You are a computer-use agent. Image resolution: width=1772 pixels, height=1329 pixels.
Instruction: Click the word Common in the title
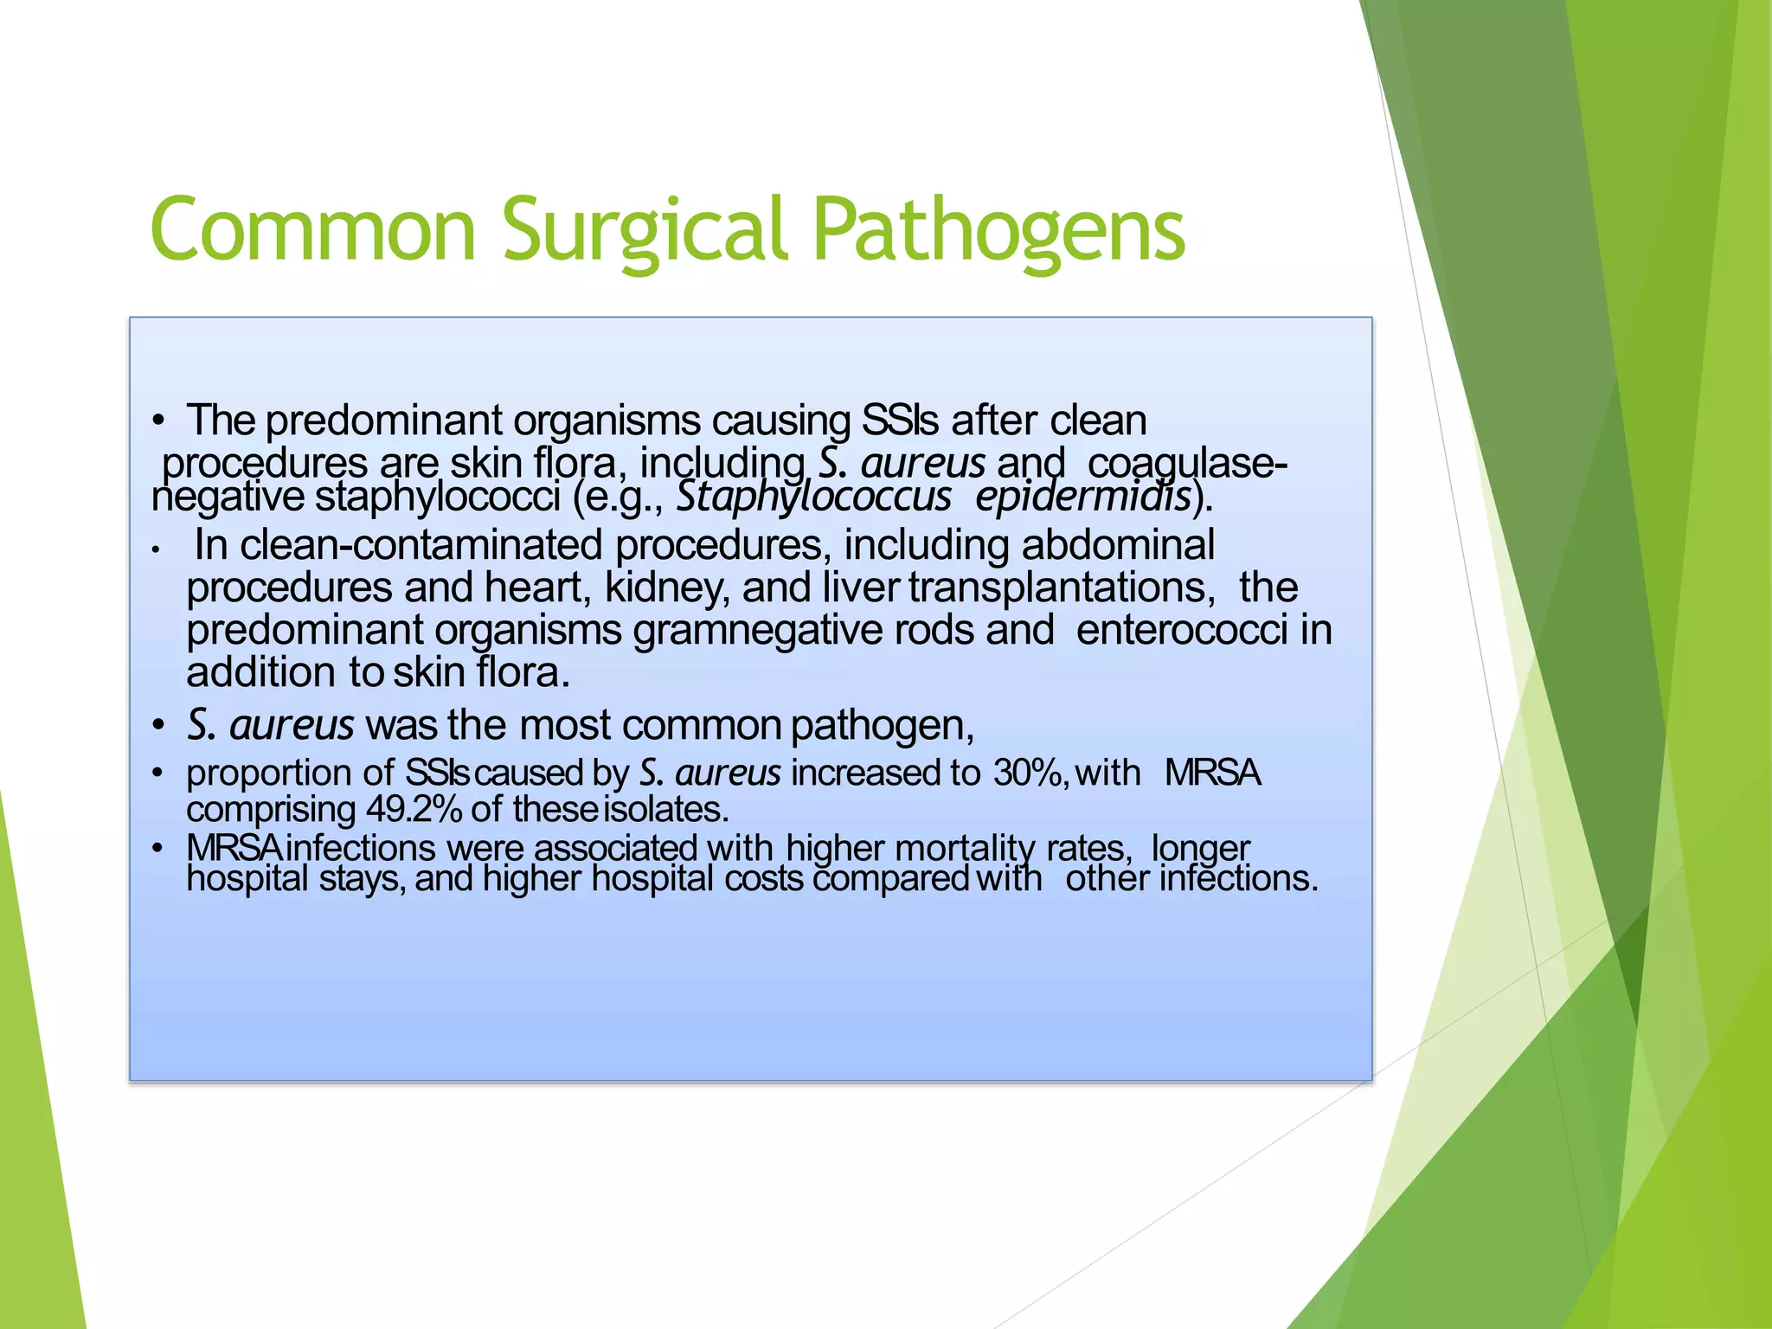(x=313, y=229)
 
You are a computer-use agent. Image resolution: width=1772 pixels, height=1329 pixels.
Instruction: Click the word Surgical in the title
(x=645, y=229)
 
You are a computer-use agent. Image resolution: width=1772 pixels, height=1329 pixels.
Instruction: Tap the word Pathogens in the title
(x=999, y=229)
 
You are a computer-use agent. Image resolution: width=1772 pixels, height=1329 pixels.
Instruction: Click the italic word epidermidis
(x=1082, y=498)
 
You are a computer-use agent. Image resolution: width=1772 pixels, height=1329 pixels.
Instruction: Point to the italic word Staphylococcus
(x=813, y=498)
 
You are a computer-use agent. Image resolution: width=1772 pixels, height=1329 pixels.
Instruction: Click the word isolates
(x=665, y=810)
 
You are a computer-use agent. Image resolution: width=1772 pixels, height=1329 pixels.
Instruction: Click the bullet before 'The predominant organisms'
(x=157, y=422)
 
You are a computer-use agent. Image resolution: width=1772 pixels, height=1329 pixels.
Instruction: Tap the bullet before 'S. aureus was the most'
(x=157, y=725)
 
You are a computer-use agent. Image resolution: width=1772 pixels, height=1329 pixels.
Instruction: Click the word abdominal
(x=1118, y=546)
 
